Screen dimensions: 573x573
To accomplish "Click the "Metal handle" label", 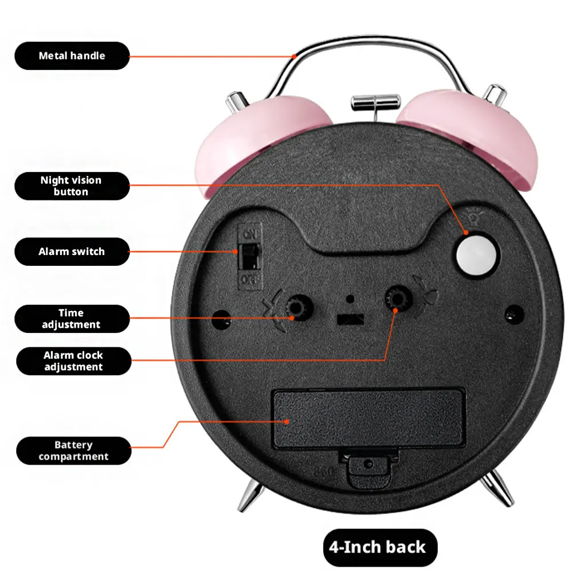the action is point(72,56).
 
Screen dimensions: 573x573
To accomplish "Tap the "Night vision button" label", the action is point(72,186).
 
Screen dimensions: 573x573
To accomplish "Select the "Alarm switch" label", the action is point(72,252).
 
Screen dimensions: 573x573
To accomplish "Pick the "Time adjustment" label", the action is point(72,319).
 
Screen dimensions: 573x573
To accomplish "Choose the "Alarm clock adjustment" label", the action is point(73,361).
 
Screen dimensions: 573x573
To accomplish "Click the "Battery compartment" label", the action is point(73,450).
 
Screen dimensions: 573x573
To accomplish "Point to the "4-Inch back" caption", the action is point(380,547).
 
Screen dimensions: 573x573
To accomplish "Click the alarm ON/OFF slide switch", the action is point(250,257).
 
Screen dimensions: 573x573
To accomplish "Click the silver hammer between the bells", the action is point(376,104).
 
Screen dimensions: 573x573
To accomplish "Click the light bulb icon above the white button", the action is point(474,218).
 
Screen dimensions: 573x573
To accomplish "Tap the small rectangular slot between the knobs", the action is point(350,319).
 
